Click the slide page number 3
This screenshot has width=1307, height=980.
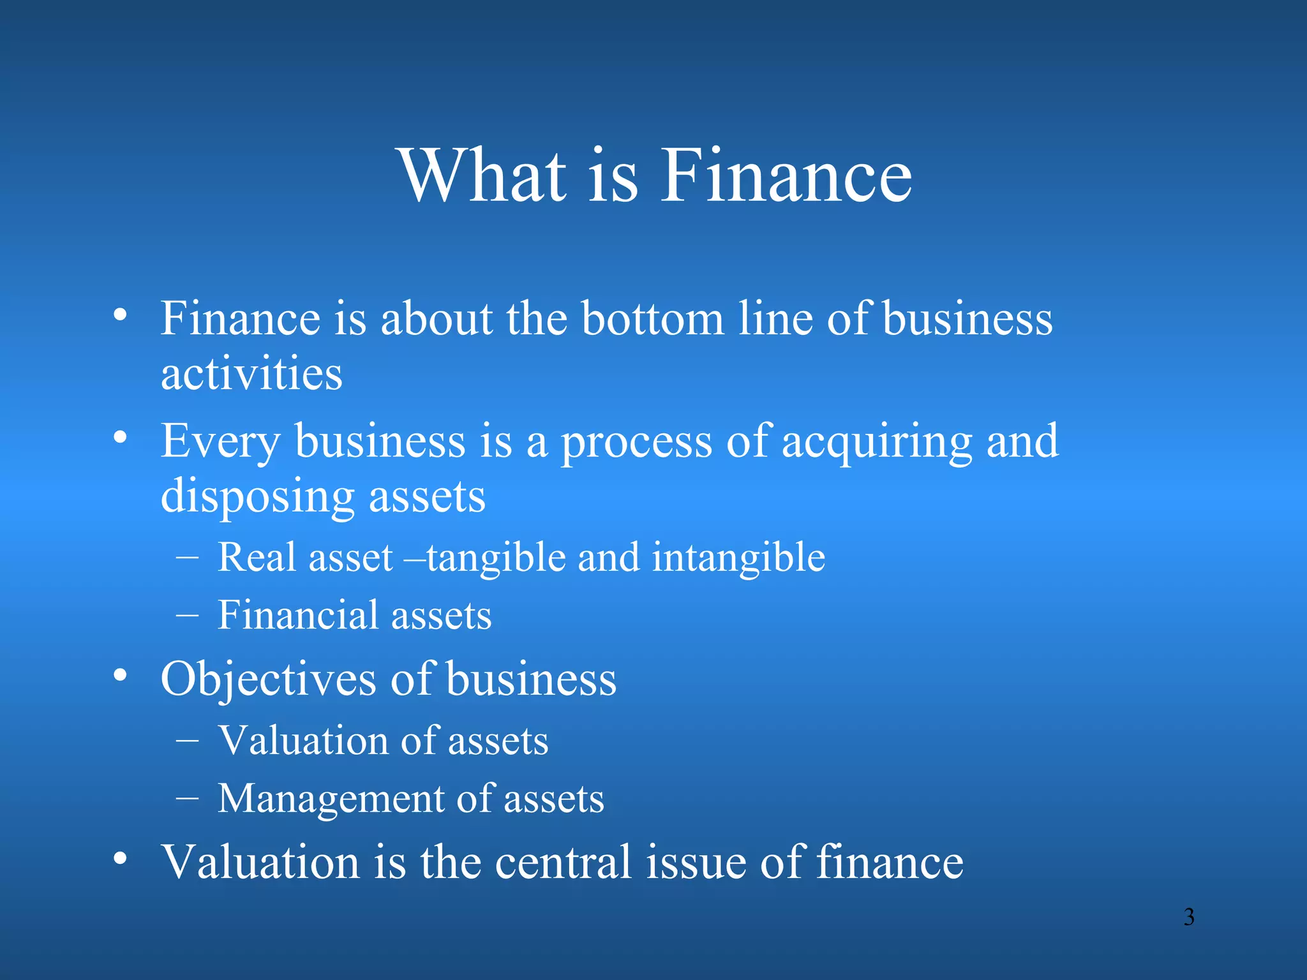[1188, 917]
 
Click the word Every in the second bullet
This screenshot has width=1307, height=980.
[220, 442]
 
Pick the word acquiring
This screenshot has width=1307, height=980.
[877, 442]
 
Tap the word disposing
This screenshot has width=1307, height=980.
[257, 497]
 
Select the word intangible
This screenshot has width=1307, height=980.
[738, 557]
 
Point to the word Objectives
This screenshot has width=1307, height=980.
[268, 679]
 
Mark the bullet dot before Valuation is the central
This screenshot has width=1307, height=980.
[120, 858]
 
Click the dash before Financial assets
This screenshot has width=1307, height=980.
[187, 616]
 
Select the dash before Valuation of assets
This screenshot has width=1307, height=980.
[187, 741]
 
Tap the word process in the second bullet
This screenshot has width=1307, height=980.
[636, 442]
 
